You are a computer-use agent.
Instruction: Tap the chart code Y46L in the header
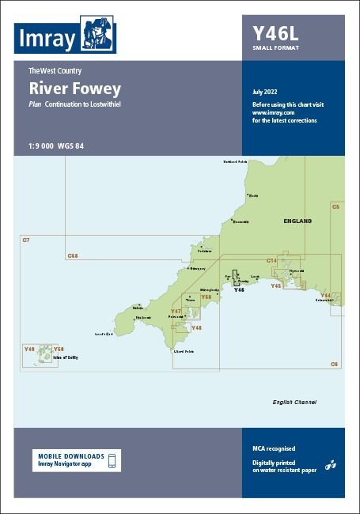[275, 34]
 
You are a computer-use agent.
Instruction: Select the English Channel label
[294, 403]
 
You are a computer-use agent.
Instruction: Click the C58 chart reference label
[73, 255]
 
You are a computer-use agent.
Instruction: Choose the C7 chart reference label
[25, 240]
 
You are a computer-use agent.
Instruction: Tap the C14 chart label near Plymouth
[271, 260]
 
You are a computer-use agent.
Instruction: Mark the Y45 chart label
[276, 285]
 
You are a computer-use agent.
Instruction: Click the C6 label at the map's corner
[334, 364]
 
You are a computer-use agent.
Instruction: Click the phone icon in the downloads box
[112, 460]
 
